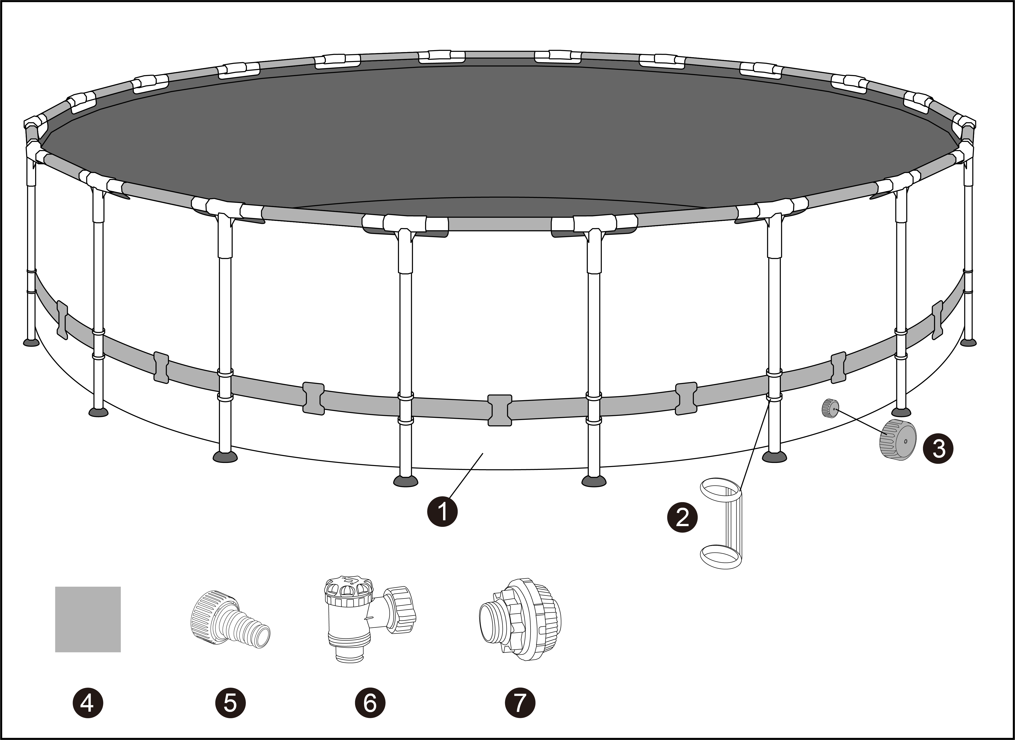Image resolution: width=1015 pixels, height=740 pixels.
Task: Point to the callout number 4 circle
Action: (88, 703)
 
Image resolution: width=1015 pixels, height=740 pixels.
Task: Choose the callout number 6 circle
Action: (370, 703)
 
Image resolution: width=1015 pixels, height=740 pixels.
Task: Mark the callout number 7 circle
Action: (520, 703)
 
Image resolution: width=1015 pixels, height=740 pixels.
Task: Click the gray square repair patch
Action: (88, 619)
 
